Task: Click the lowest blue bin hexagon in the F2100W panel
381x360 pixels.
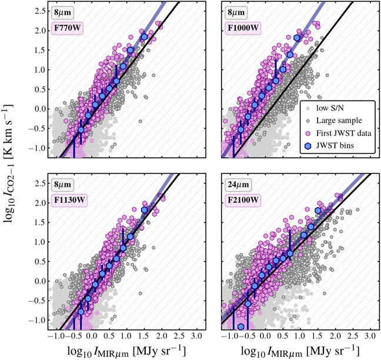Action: pos(241,327)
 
